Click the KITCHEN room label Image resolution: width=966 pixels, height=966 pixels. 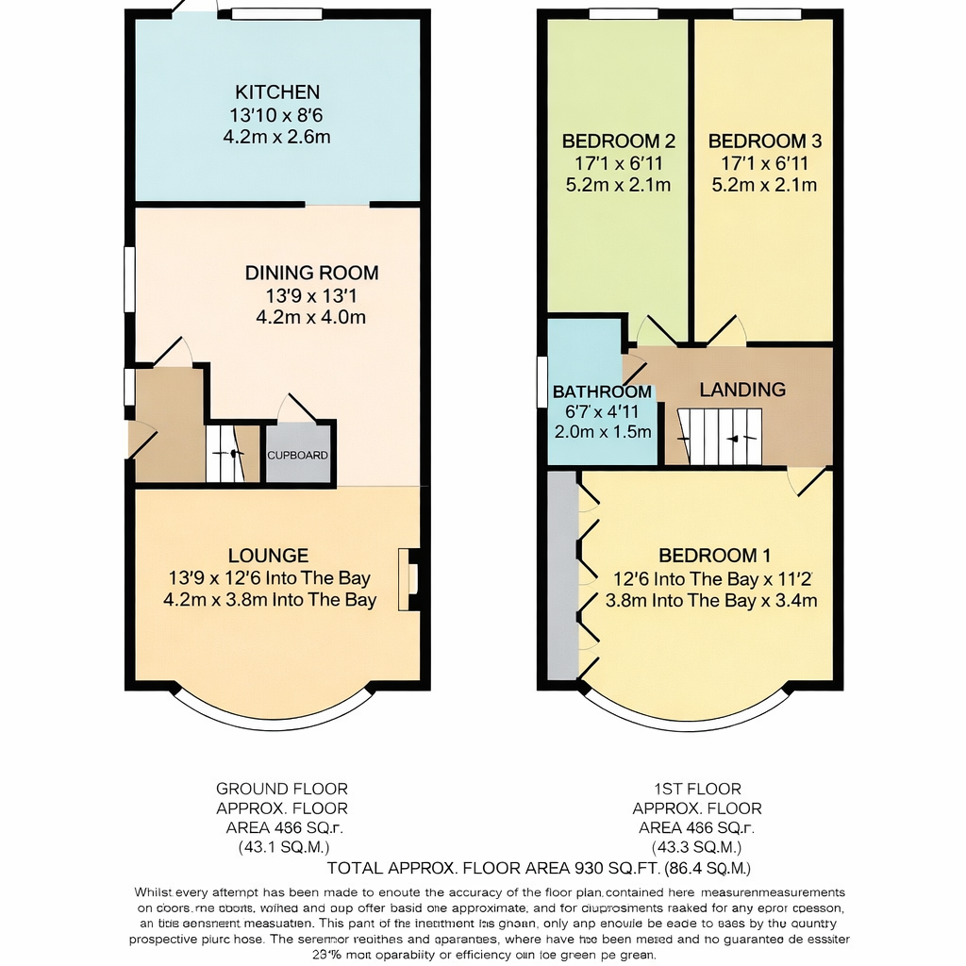point(277,92)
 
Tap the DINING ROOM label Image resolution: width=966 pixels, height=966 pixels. point(311,274)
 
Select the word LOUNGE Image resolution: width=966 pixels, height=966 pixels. point(268,557)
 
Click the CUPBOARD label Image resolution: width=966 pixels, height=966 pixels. point(298,456)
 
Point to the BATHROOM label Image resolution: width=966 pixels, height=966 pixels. point(602,391)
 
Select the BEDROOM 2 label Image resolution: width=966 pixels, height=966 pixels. point(618,142)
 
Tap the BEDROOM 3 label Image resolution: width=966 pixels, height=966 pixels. point(765,142)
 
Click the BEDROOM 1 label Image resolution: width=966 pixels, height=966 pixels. point(708,557)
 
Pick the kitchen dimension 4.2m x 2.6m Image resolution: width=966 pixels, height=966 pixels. point(277,137)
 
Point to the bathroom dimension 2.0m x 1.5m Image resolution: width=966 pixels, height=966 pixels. point(603,432)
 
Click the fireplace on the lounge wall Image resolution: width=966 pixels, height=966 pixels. point(409,578)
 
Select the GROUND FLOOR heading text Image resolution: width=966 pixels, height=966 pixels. point(282,789)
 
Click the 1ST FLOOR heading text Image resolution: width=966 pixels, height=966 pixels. point(697,789)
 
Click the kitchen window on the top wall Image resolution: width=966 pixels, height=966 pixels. point(276,14)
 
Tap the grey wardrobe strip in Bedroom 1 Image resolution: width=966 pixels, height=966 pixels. point(562,575)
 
